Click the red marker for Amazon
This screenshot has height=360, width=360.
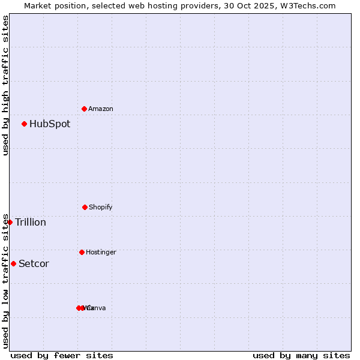click(x=84, y=109)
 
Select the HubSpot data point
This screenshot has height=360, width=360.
click(x=24, y=124)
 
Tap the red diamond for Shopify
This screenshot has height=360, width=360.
click(x=85, y=207)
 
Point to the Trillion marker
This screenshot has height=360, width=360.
click(x=10, y=222)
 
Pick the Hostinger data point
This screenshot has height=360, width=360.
click(x=82, y=252)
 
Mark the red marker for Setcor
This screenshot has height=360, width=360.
click(x=13, y=263)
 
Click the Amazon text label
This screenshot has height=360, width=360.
click(x=100, y=109)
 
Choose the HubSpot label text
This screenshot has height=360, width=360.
click(x=50, y=124)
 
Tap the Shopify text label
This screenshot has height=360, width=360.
click(x=100, y=208)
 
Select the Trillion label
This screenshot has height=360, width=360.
click(x=31, y=223)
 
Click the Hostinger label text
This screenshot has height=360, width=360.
click(x=101, y=253)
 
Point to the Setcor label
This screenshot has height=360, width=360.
click(x=34, y=264)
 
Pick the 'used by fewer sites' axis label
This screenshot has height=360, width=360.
click(x=62, y=355)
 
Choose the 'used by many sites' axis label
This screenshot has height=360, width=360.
click(x=301, y=355)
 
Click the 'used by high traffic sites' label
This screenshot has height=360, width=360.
click(x=5, y=85)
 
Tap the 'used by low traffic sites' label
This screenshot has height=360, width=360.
click(x=5, y=280)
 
